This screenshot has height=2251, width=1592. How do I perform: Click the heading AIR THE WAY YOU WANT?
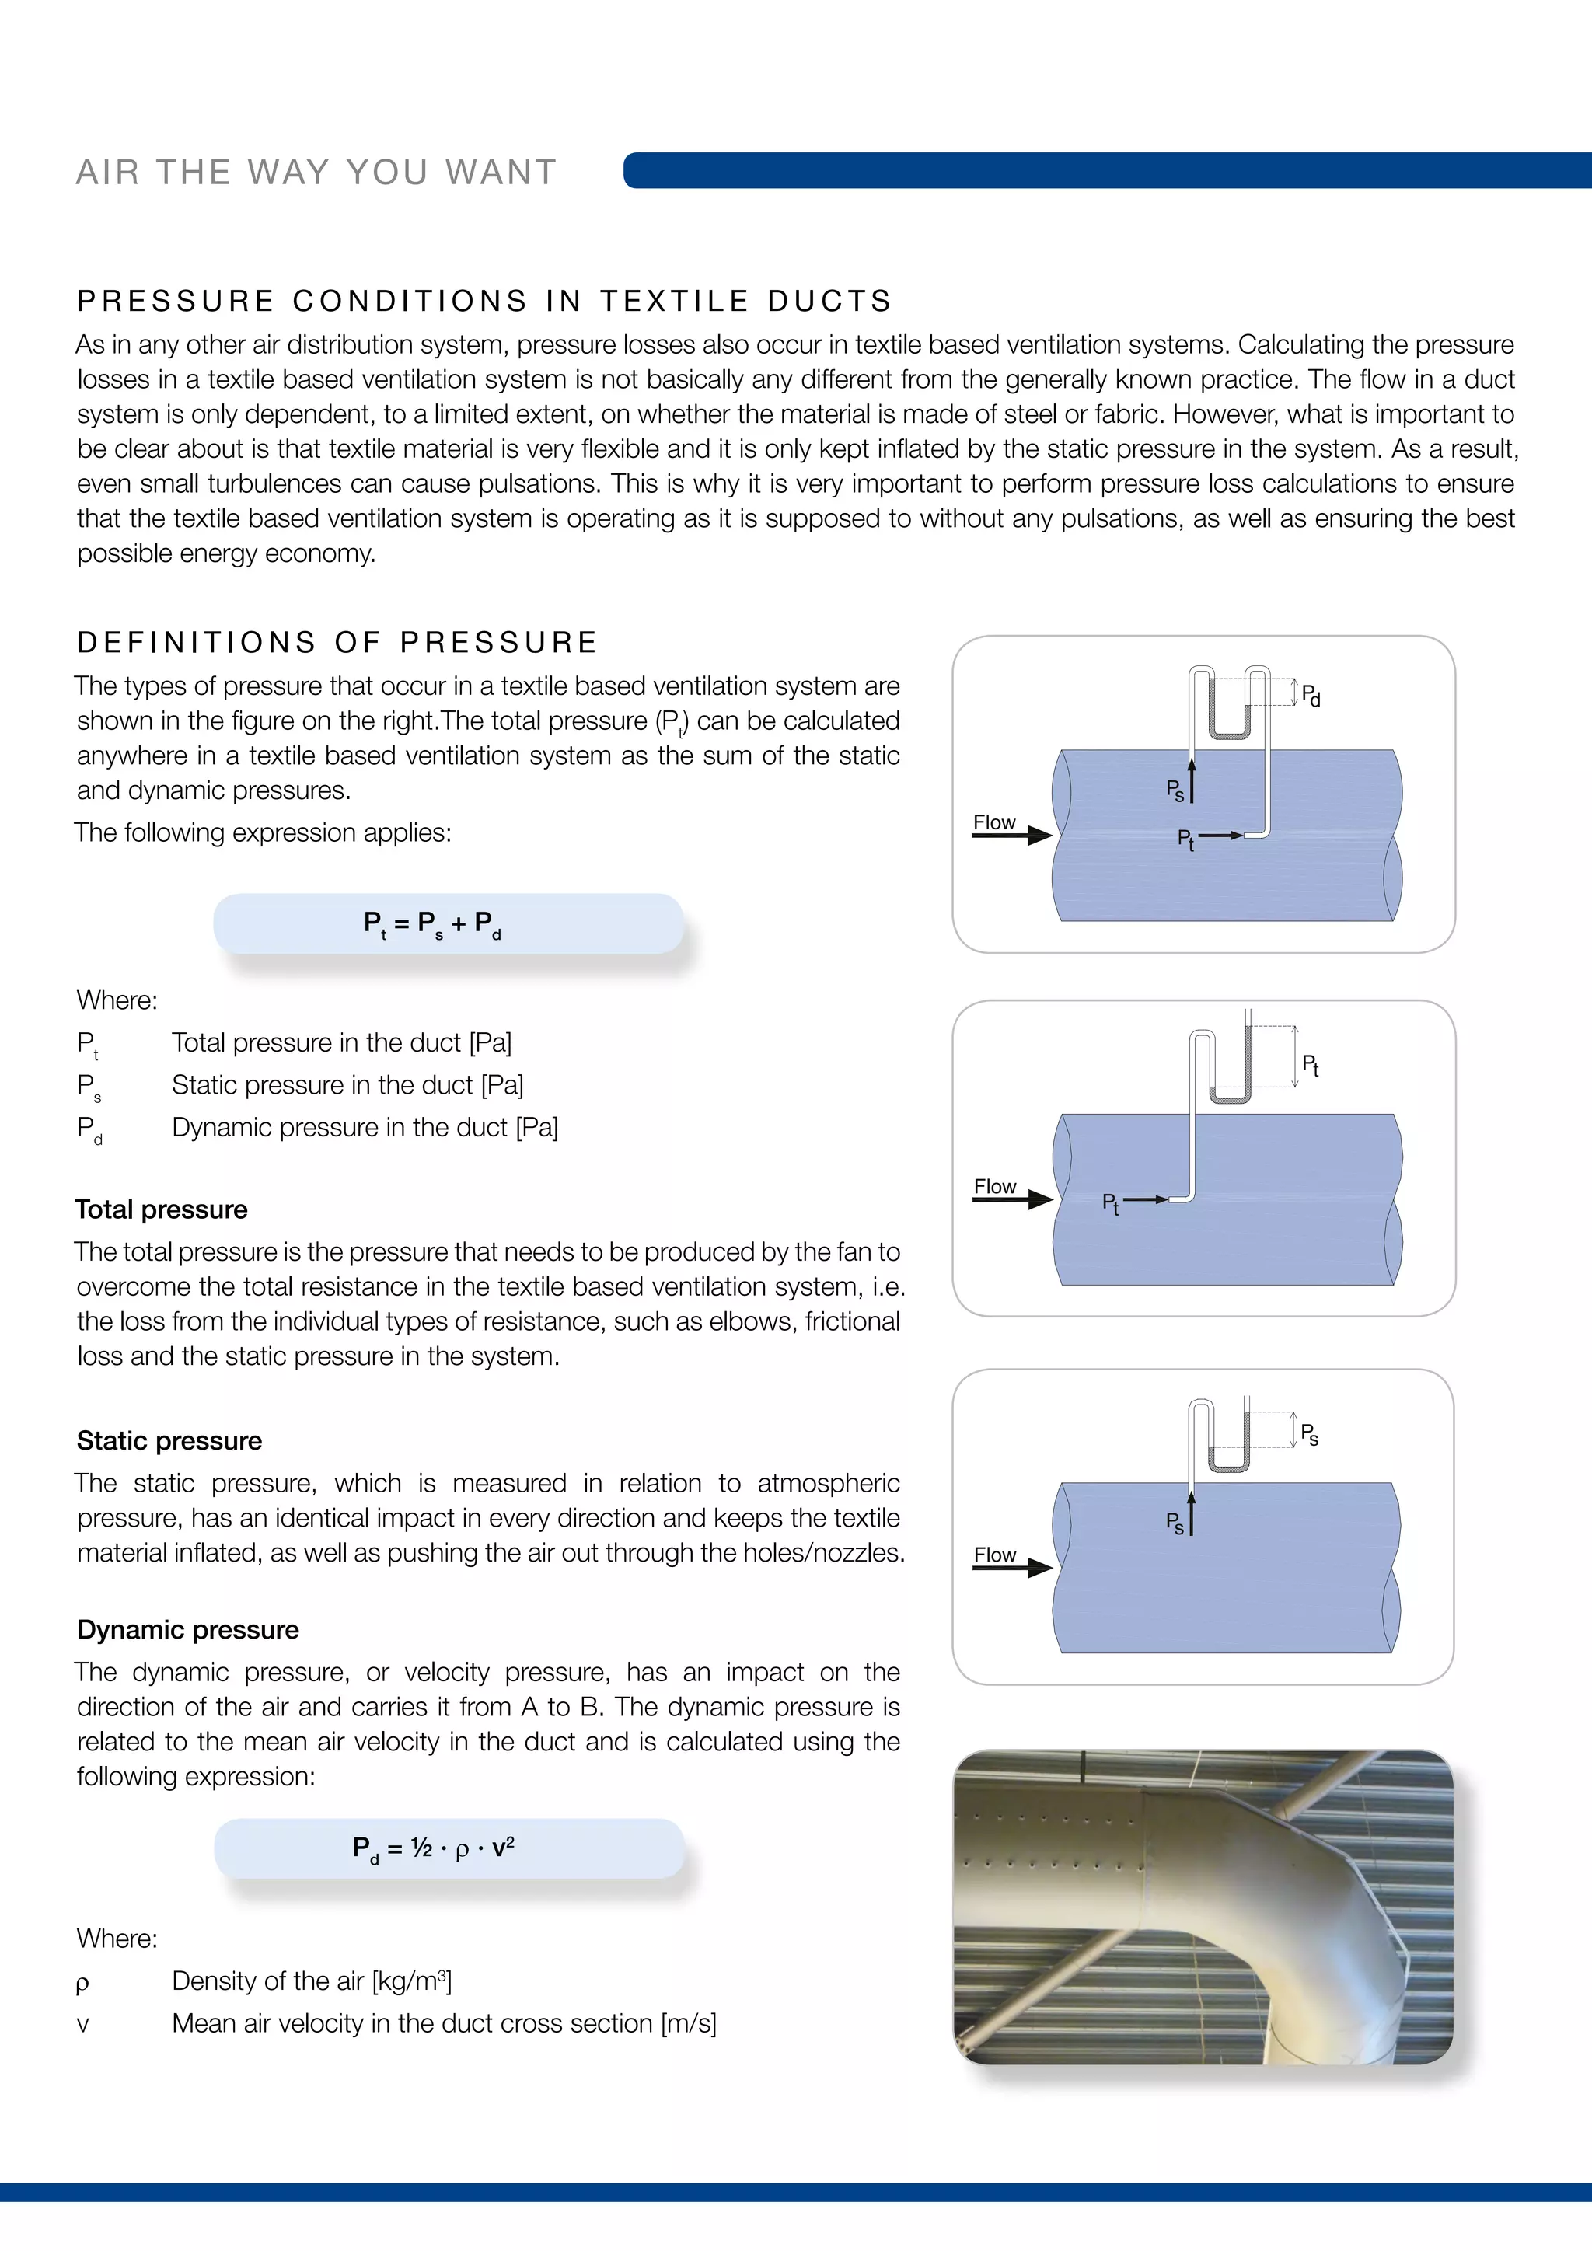(x=316, y=172)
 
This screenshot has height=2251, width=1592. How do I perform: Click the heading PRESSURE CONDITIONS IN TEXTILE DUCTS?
(x=484, y=301)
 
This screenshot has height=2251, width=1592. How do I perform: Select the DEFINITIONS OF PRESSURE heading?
(x=337, y=642)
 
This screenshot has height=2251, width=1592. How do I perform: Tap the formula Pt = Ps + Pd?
(x=432, y=923)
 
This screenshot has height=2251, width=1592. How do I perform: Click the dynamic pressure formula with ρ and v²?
(x=433, y=1848)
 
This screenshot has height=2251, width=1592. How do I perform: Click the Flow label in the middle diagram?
(x=994, y=1186)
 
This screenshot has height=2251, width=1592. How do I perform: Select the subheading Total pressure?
(x=162, y=1209)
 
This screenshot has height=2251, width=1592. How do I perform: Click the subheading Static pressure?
(x=169, y=1440)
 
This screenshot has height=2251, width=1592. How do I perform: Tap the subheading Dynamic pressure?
(x=188, y=1629)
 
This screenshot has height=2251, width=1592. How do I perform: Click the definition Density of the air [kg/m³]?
(x=312, y=1981)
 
